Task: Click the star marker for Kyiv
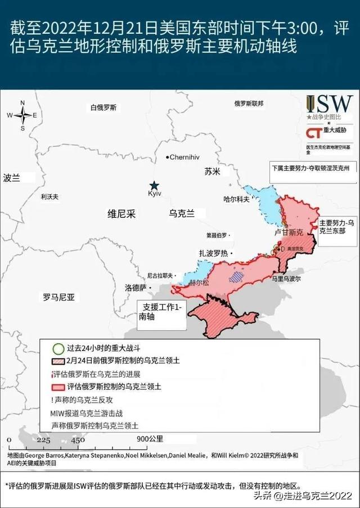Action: pos(154,186)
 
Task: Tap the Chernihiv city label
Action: pos(185,157)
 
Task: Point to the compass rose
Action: pos(22,115)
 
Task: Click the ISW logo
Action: pos(330,105)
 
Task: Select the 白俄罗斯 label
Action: pos(103,107)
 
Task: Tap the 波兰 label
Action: pos(11,178)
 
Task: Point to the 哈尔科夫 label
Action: pos(236,199)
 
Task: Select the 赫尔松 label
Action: pos(199,282)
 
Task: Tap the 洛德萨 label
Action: pos(136,287)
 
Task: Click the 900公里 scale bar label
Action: pos(150,439)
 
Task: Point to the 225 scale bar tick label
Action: pos(43,440)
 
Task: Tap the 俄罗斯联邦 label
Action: pos(248,104)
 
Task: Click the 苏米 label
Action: pos(213,171)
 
